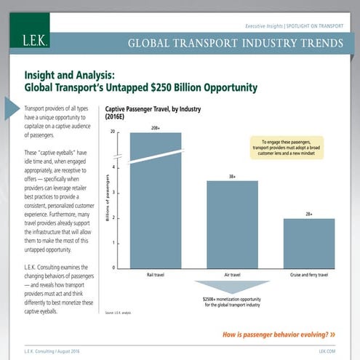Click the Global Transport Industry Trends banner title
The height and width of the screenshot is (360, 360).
pos(235,43)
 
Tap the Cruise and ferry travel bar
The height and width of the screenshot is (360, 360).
pos(308,243)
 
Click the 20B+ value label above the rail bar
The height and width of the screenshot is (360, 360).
pos(156,128)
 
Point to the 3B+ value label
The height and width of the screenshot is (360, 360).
pos(232,176)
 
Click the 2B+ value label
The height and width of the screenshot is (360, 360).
pos(308,214)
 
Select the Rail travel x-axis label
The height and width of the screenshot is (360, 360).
pos(156,276)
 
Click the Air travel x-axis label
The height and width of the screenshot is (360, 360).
pos(232,276)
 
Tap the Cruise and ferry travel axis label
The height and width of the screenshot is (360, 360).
pos(308,276)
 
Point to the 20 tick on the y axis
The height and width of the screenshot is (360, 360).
pos(113,132)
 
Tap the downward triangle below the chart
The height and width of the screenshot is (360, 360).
pos(231,287)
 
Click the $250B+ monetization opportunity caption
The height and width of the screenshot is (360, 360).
pos(231,302)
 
